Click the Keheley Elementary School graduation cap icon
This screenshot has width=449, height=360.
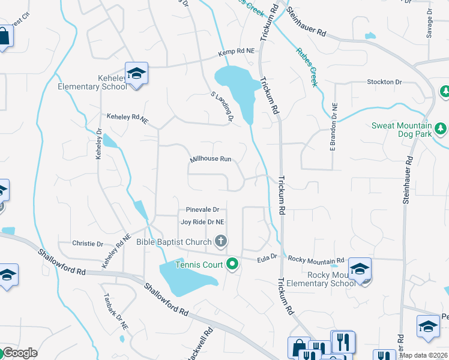(x=137, y=74)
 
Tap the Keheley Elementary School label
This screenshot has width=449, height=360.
(x=92, y=82)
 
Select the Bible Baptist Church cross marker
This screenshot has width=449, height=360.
(x=221, y=242)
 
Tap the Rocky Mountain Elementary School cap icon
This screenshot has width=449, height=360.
(x=360, y=268)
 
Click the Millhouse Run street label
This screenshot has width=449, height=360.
(x=211, y=160)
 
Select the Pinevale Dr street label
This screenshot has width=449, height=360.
(x=202, y=210)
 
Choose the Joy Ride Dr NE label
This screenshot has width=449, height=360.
(x=202, y=221)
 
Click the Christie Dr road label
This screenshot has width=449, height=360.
(x=88, y=244)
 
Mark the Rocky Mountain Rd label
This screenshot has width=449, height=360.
(x=316, y=259)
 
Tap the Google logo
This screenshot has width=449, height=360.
(x=19, y=352)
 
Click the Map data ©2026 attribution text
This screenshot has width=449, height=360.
(x=423, y=355)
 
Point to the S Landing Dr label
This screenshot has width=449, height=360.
(x=221, y=106)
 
